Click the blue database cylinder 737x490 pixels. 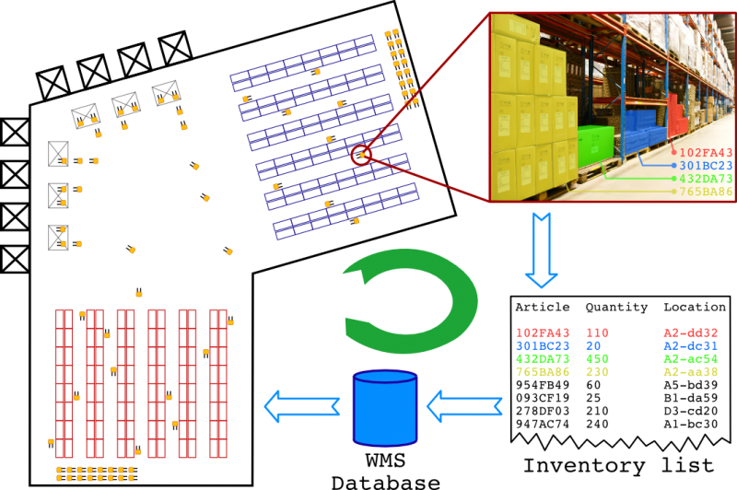(x=385, y=409)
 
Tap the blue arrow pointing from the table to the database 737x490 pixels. (x=464, y=406)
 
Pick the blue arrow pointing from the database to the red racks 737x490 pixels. (x=301, y=406)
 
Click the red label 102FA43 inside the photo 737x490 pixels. (x=706, y=153)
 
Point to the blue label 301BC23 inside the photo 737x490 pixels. (x=706, y=166)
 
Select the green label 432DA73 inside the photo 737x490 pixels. (x=706, y=179)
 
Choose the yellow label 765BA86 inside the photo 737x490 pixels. (x=706, y=192)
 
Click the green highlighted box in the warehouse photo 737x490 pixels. (x=595, y=146)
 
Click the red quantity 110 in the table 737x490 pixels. (x=597, y=332)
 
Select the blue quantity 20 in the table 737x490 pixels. (x=592, y=345)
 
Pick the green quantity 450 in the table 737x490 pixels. (x=597, y=358)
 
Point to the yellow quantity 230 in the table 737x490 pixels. (x=597, y=372)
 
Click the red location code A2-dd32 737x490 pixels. (x=690, y=332)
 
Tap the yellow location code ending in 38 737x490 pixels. (x=690, y=372)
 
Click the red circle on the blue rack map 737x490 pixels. (x=360, y=155)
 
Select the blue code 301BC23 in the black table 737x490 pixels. (x=543, y=345)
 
